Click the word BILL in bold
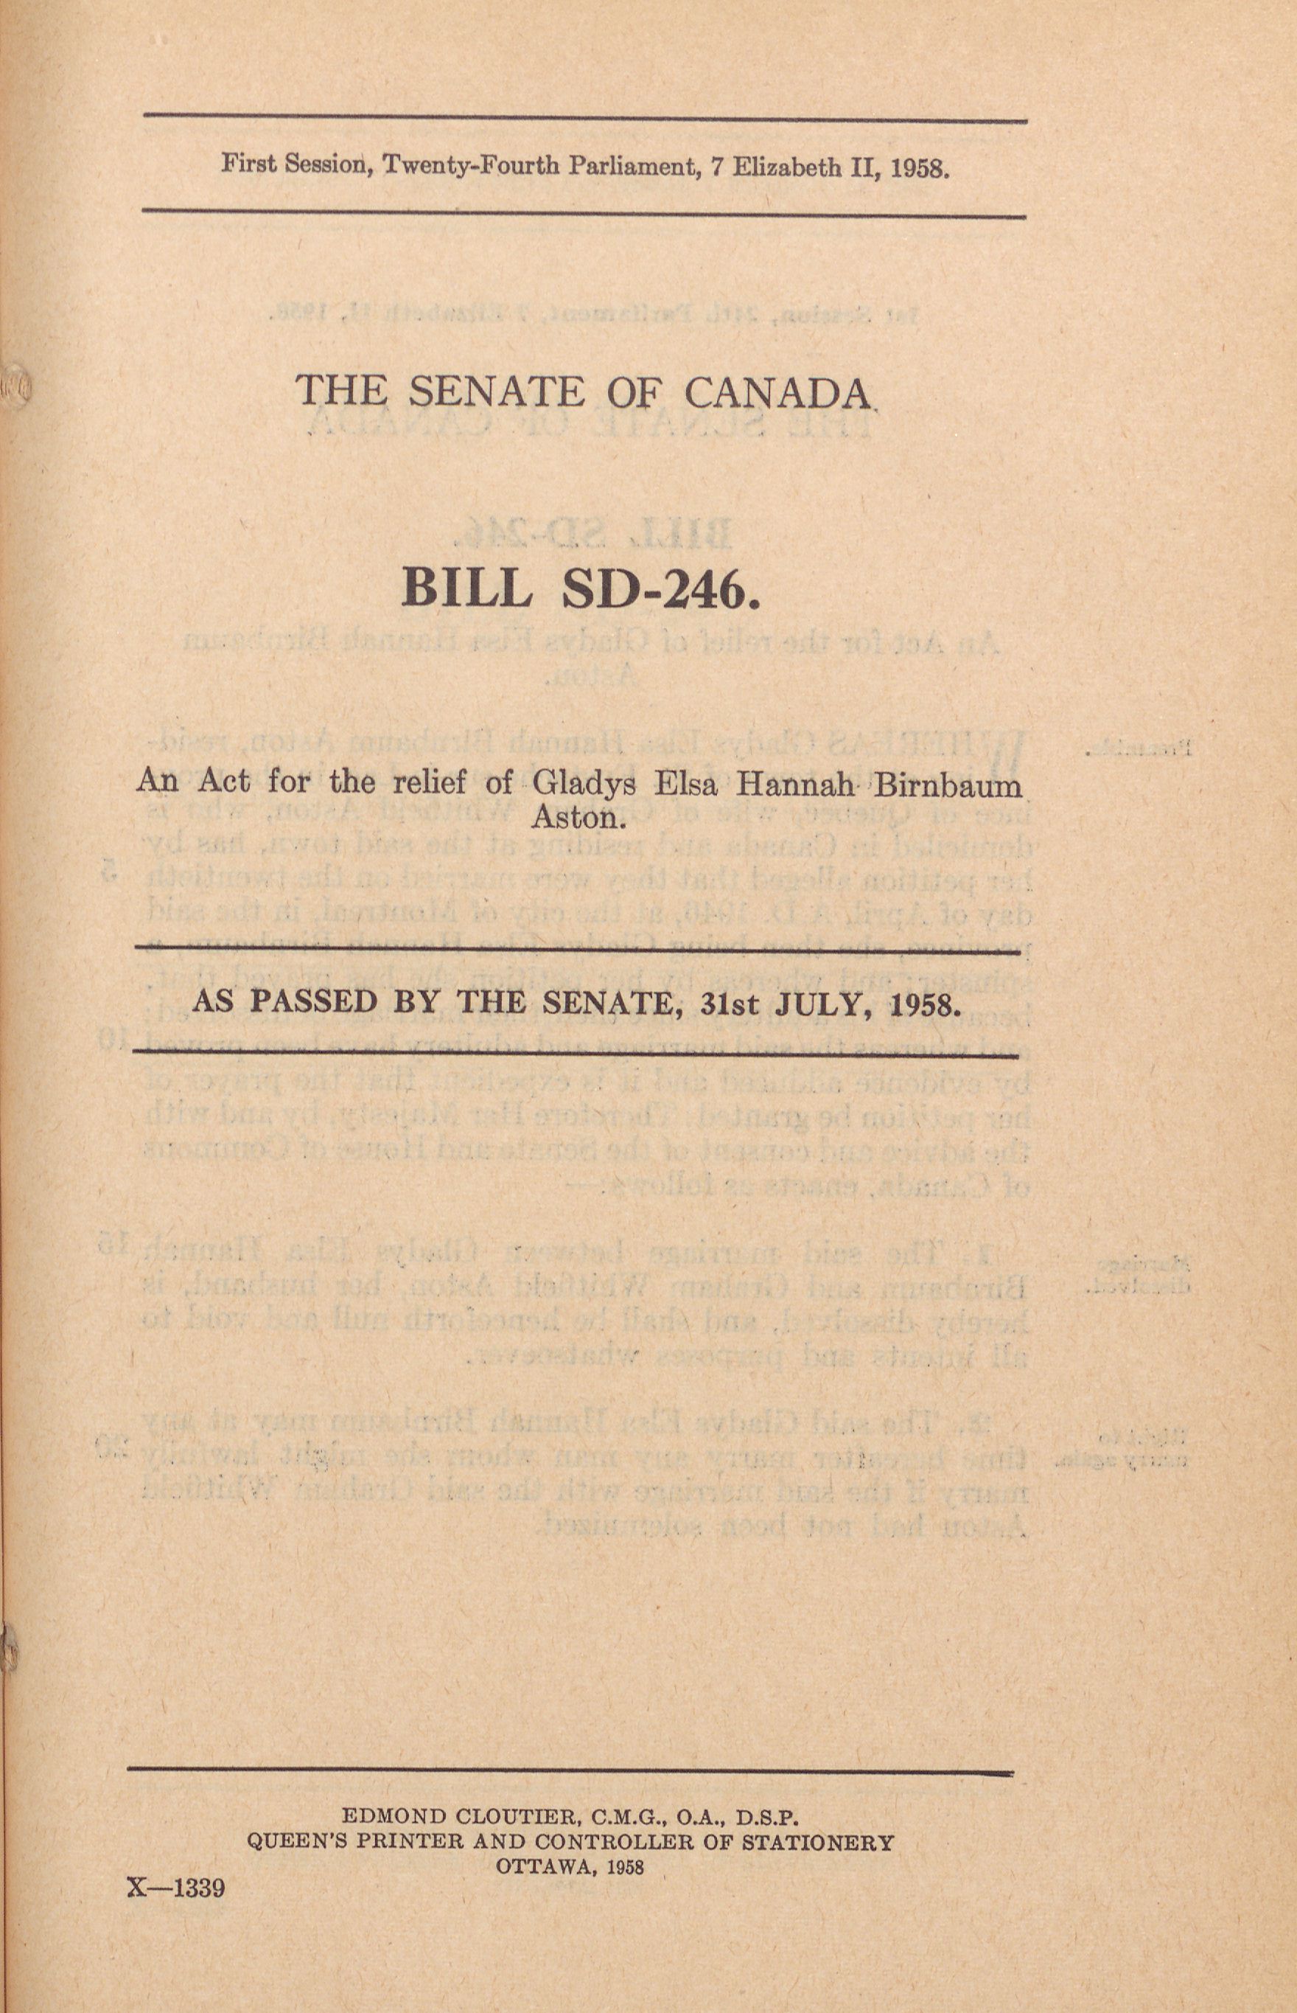(x=466, y=589)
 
